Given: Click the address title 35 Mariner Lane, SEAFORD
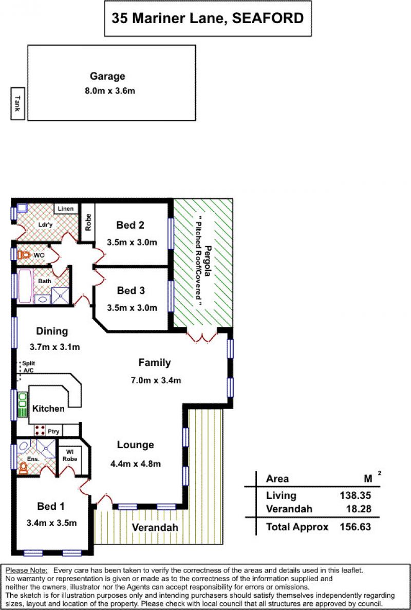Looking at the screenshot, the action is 208,18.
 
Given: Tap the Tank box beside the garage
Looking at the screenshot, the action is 17,103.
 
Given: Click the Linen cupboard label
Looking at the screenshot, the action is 66,209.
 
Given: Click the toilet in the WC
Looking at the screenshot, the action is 24,255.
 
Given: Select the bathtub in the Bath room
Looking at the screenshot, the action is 25,286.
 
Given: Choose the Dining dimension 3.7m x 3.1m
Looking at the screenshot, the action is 54,347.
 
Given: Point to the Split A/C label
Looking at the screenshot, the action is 28,366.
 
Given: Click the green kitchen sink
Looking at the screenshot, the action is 23,404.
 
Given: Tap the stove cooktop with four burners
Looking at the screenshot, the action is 39,430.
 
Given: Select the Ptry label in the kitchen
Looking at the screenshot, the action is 53,432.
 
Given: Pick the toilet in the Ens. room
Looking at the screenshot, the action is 23,468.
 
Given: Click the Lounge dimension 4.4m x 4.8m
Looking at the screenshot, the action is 135,464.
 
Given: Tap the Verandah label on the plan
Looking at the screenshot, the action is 155,528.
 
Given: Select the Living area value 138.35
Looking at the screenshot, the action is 356,495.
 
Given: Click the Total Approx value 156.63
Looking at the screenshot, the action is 356,527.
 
